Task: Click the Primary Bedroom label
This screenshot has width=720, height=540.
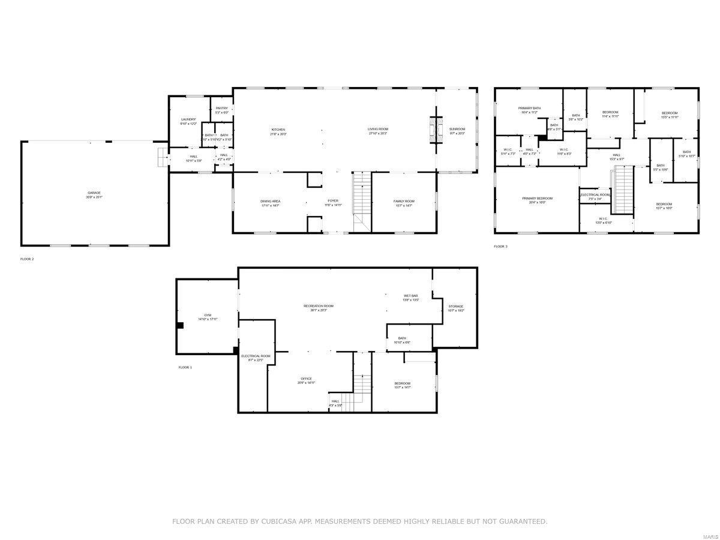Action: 537,200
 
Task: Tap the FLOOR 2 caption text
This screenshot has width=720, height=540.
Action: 28,259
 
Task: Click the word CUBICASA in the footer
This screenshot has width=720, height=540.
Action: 277,522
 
